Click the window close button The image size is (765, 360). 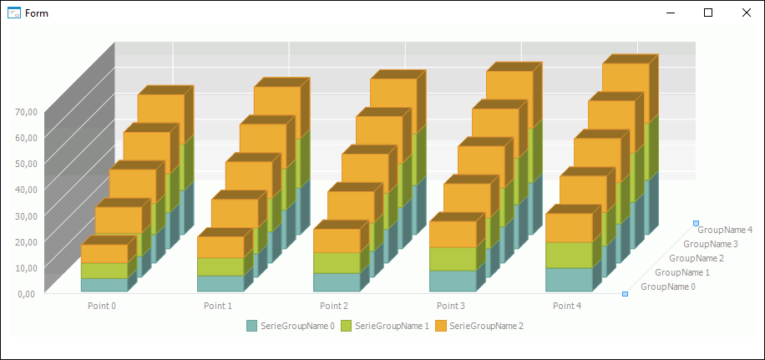tap(746, 13)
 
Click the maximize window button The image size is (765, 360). tap(708, 13)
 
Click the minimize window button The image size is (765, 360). tap(670, 13)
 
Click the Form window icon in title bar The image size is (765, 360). tap(13, 13)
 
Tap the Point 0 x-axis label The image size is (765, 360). tap(102, 306)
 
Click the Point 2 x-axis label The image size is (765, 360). tap(334, 306)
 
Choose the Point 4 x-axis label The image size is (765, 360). tap(566, 306)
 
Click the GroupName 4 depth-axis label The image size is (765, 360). tap(725, 230)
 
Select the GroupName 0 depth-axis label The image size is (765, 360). tap(667, 286)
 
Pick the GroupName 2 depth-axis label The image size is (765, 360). tap(697, 258)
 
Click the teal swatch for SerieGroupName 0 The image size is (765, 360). tap(252, 325)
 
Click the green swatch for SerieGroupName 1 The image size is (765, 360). tap(347, 325)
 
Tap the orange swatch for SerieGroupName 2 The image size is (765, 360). tap(441, 325)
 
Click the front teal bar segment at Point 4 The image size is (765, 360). tap(569, 279)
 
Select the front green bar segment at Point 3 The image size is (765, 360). tap(453, 259)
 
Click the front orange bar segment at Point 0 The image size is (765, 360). tap(104, 253)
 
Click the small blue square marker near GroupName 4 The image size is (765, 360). tap(696, 223)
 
